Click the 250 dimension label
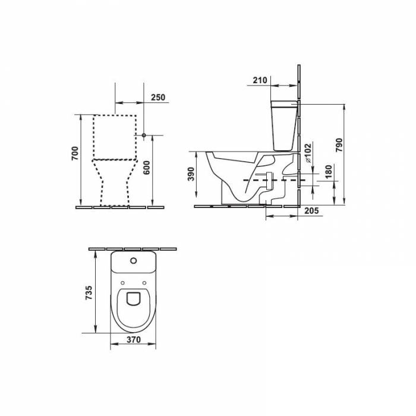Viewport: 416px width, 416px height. click(158, 97)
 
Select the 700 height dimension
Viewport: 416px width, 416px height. click(75, 153)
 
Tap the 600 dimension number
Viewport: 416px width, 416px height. click(146, 168)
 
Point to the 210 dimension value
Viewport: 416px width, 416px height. click(260, 80)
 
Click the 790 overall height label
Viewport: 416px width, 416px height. click(339, 145)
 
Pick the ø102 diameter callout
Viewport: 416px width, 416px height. click(308, 153)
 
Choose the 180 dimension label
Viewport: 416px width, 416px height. click(328, 172)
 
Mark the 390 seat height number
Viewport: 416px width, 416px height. click(191, 174)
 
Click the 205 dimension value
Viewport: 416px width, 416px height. click(311, 211)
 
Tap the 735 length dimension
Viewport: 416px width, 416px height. click(89, 292)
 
